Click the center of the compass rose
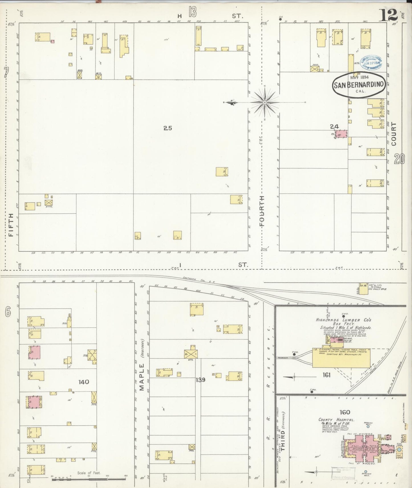pos(265,102)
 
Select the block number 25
pos(168,128)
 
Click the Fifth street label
pos(11,225)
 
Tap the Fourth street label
pos(262,211)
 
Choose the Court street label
pos(394,134)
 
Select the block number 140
pos(84,382)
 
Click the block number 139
pos(201,380)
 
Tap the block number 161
pos(326,375)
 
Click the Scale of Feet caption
pos(89,473)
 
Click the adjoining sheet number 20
pos(399,159)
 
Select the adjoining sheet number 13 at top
pos(192,13)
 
